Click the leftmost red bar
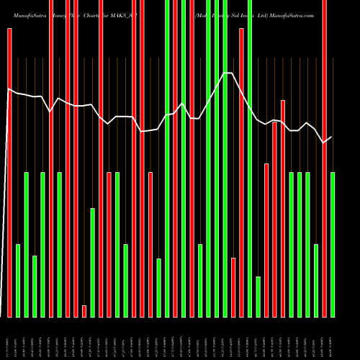[x=9, y=173]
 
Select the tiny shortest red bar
[x=84, y=311]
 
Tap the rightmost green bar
[x=333, y=245]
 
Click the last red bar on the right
[x=324, y=158]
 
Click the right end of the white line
[x=331, y=137]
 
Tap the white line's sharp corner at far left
[x=8, y=89]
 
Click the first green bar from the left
[x=18, y=281]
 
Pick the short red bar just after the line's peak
[x=233, y=287]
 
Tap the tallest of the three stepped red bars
[x=283, y=209]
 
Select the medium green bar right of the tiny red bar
[x=93, y=263]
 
